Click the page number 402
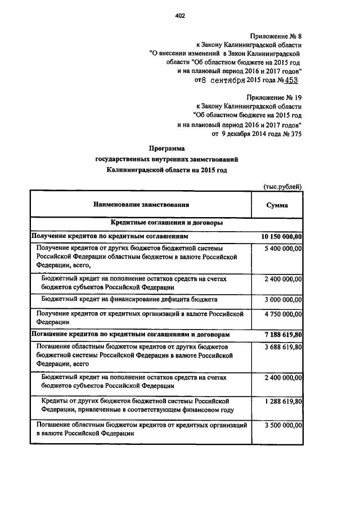click(180, 16)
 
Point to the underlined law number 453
click(291, 81)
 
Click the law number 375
click(294, 134)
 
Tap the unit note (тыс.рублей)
click(283, 186)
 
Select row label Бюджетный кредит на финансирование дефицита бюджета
click(129, 299)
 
